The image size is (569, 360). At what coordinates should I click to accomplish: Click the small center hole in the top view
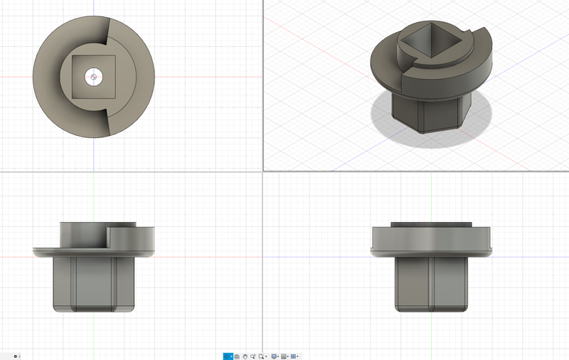(93, 76)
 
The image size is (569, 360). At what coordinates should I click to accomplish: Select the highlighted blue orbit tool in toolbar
(228, 356)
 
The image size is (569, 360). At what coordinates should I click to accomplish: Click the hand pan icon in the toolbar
(245, 356)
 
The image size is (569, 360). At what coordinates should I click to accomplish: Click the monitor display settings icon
(274, 356)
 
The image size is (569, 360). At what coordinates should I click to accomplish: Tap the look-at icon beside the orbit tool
(237, 356)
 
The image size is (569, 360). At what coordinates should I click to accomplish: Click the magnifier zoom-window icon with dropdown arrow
(262, 356)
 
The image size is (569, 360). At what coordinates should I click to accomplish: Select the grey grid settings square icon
(284, 356)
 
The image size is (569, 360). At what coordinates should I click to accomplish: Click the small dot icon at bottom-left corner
(16, 356)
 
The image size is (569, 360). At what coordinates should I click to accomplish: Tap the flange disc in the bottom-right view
(432, 242)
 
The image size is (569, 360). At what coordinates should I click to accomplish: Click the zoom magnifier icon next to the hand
(252, 356)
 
